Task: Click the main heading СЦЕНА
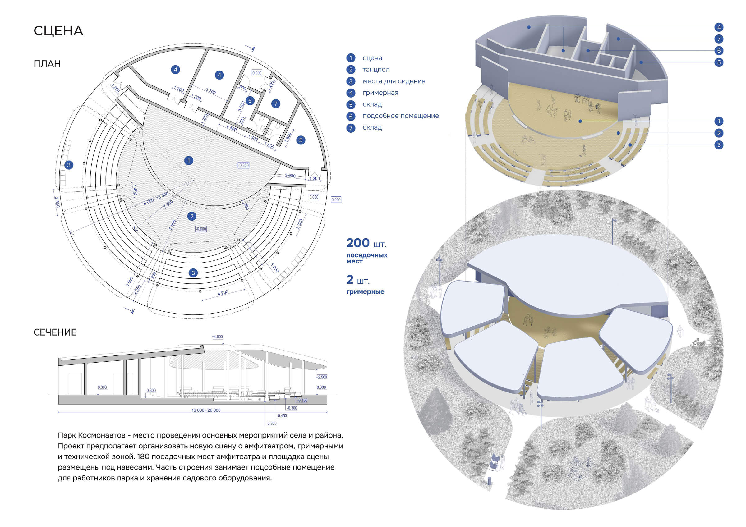[58, 31]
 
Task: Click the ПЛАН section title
[47, 64]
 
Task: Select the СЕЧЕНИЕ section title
[55, 332]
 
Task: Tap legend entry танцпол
[376, 70]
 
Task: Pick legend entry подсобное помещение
[401, 116]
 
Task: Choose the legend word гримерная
[380, 93]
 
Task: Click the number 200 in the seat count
[358, 243]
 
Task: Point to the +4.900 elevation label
[217, 337]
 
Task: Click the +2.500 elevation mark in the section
[321, 377]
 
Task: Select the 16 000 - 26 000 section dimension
[206, 410]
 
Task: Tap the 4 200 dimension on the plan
[223, 293]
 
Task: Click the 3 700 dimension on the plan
[210, 91]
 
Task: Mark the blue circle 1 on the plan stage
[189, 160]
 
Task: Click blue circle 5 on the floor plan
[301, 140]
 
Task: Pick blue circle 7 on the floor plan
[276, 103]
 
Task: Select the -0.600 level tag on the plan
[201, 229]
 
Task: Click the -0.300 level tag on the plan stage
[243, 165]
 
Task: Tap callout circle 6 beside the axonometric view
[719, 51]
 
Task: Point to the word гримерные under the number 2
[365, 292]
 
